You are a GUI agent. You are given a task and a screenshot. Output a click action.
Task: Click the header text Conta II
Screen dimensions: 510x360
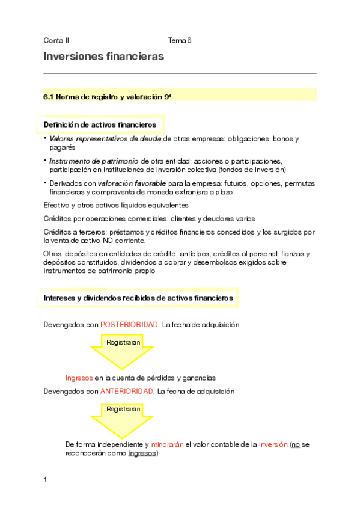pos(56,40)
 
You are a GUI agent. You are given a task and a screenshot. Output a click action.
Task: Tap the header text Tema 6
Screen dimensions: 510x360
pos(180,40)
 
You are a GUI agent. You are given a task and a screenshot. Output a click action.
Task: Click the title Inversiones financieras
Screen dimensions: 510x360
pos(103,57)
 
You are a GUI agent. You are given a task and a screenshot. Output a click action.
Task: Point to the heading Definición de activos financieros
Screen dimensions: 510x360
pos(100,124)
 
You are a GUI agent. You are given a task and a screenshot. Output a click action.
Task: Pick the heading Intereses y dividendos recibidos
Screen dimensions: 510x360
pos(138,298)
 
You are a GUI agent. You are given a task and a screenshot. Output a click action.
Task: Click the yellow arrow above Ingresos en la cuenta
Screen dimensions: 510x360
pos(123,352)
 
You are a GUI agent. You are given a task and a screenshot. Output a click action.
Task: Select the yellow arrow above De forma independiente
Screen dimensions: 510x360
pos(123,419)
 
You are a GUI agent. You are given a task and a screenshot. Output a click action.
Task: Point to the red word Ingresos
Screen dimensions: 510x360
pos(79,378)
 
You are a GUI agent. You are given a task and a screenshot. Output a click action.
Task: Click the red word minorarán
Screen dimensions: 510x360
pos(168,445)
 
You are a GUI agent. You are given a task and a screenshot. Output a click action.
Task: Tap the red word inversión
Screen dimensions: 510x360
pos(273,445)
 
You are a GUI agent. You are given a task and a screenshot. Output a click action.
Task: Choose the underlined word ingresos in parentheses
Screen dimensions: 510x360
pos(142,454)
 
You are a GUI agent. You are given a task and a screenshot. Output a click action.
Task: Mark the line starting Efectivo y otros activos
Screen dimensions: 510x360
pos(116,206)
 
